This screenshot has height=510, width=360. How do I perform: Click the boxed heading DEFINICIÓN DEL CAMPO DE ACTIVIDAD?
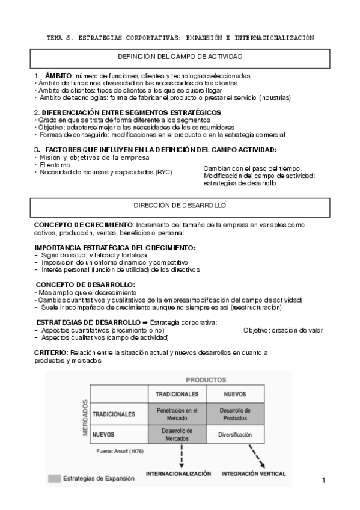(180, 57)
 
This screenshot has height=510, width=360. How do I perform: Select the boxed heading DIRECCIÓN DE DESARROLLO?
(180, 206)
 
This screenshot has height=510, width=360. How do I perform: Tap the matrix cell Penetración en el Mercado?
(177, 414)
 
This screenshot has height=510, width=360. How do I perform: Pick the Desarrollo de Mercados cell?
(177, 434)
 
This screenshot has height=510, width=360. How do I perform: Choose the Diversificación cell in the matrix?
(235, 434)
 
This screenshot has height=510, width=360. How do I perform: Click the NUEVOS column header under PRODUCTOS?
(235, 394)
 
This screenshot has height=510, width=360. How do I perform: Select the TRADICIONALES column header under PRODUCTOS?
(177, 394)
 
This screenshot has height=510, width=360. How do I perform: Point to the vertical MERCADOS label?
(85, 418)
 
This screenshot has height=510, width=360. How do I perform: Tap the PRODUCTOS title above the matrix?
(206, 380)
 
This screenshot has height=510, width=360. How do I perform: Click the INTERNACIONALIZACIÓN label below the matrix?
(178, 473)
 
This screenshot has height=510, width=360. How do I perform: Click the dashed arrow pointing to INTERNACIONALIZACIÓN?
(181, 455)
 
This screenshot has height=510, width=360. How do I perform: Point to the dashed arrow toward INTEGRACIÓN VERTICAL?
(258, 455)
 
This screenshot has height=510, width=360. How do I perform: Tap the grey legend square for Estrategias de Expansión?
(54, 479)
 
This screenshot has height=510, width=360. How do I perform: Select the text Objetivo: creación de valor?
(283, 330)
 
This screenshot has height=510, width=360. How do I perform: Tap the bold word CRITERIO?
(50, 351)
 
